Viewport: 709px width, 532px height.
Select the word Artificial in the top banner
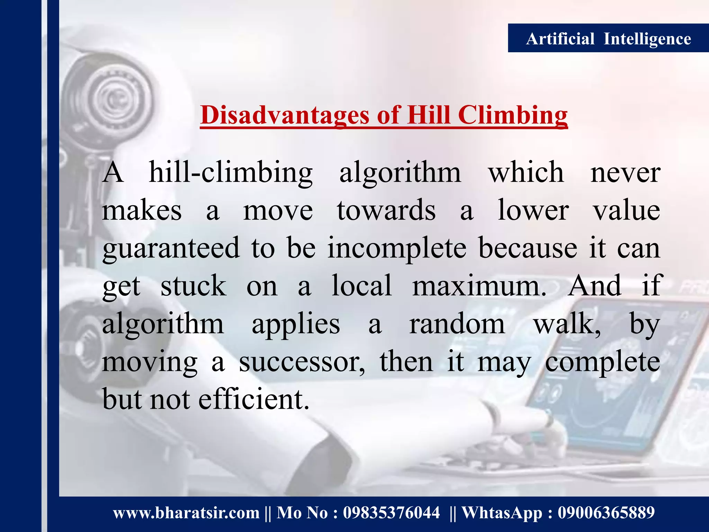[560, 38]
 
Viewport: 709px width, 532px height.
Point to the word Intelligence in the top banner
[647, 38]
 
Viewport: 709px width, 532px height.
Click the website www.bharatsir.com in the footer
[186, 513]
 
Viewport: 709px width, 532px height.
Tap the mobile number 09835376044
[391, 513]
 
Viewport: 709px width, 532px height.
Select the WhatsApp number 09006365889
[606, 513]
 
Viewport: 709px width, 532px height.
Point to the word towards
[386, 210]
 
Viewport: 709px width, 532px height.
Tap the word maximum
[479, 286]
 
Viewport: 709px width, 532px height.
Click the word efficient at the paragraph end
[253, 399]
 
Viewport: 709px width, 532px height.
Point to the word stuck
[194, 286]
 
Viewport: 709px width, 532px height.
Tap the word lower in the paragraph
[533, 210]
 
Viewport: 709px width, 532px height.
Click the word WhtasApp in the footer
[502, 513]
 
